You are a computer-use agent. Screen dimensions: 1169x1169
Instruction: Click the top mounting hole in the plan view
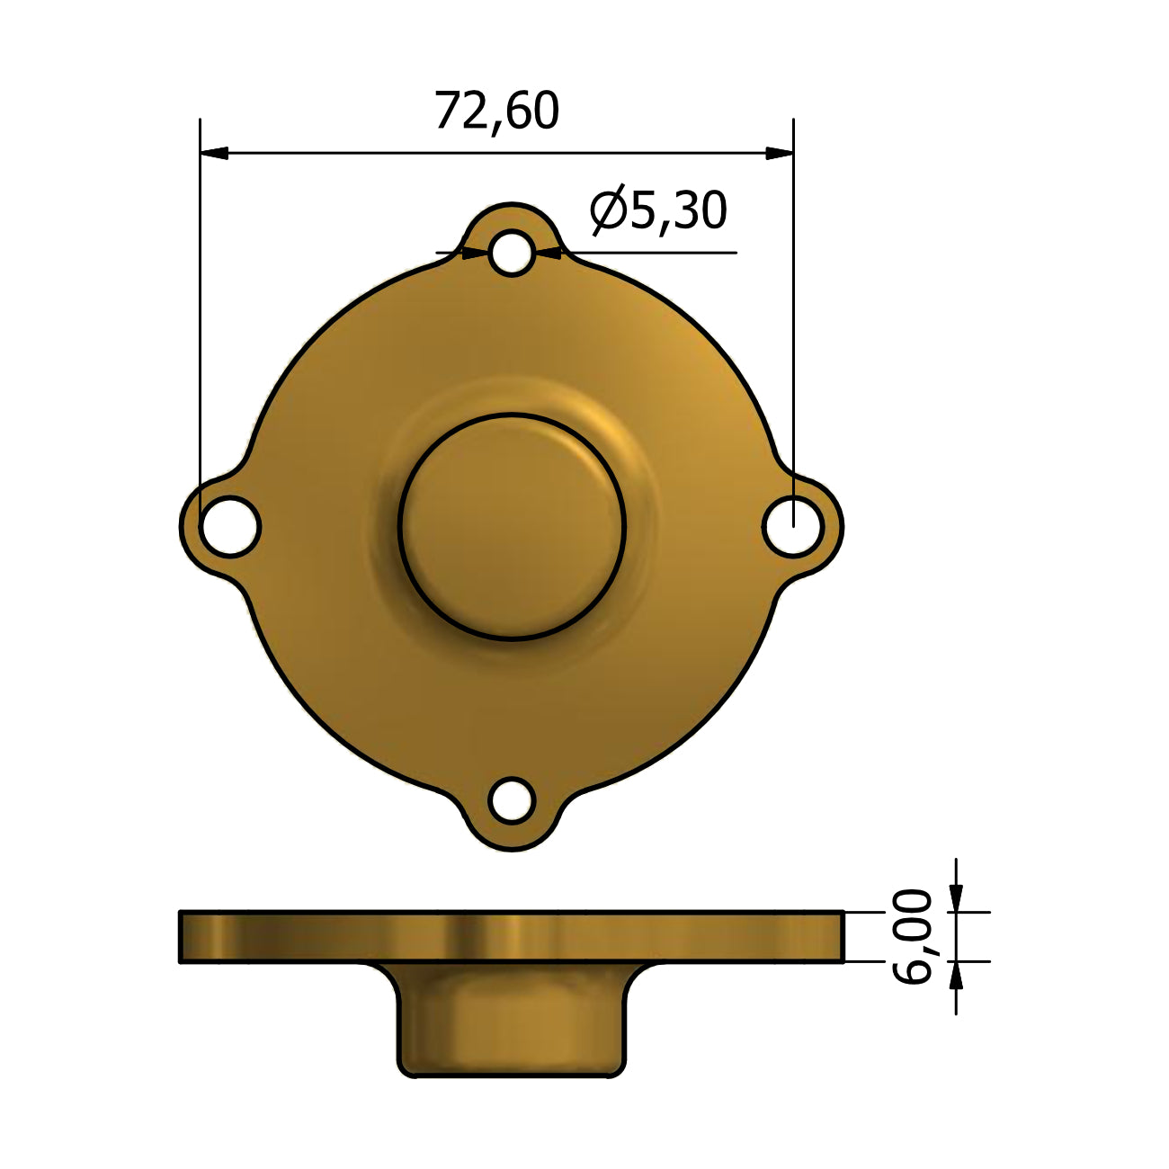pyautogui.click(x=512, y=253)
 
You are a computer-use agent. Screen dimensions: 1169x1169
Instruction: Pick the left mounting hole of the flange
pyautogui.click(x=230, y=526)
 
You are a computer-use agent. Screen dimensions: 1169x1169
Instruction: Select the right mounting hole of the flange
pyautogui.click(x=792, y=526)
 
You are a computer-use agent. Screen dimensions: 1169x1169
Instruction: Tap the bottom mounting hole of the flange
pyautogui.click(x=512, y=801)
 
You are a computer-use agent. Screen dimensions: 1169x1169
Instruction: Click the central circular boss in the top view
pyautogui.click(x=512, y=526)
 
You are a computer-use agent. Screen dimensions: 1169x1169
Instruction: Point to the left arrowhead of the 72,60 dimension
pyautogui.click(x=214, y=154)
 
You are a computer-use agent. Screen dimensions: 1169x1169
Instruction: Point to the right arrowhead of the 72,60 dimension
pyautogui.click(x=780, y=154)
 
